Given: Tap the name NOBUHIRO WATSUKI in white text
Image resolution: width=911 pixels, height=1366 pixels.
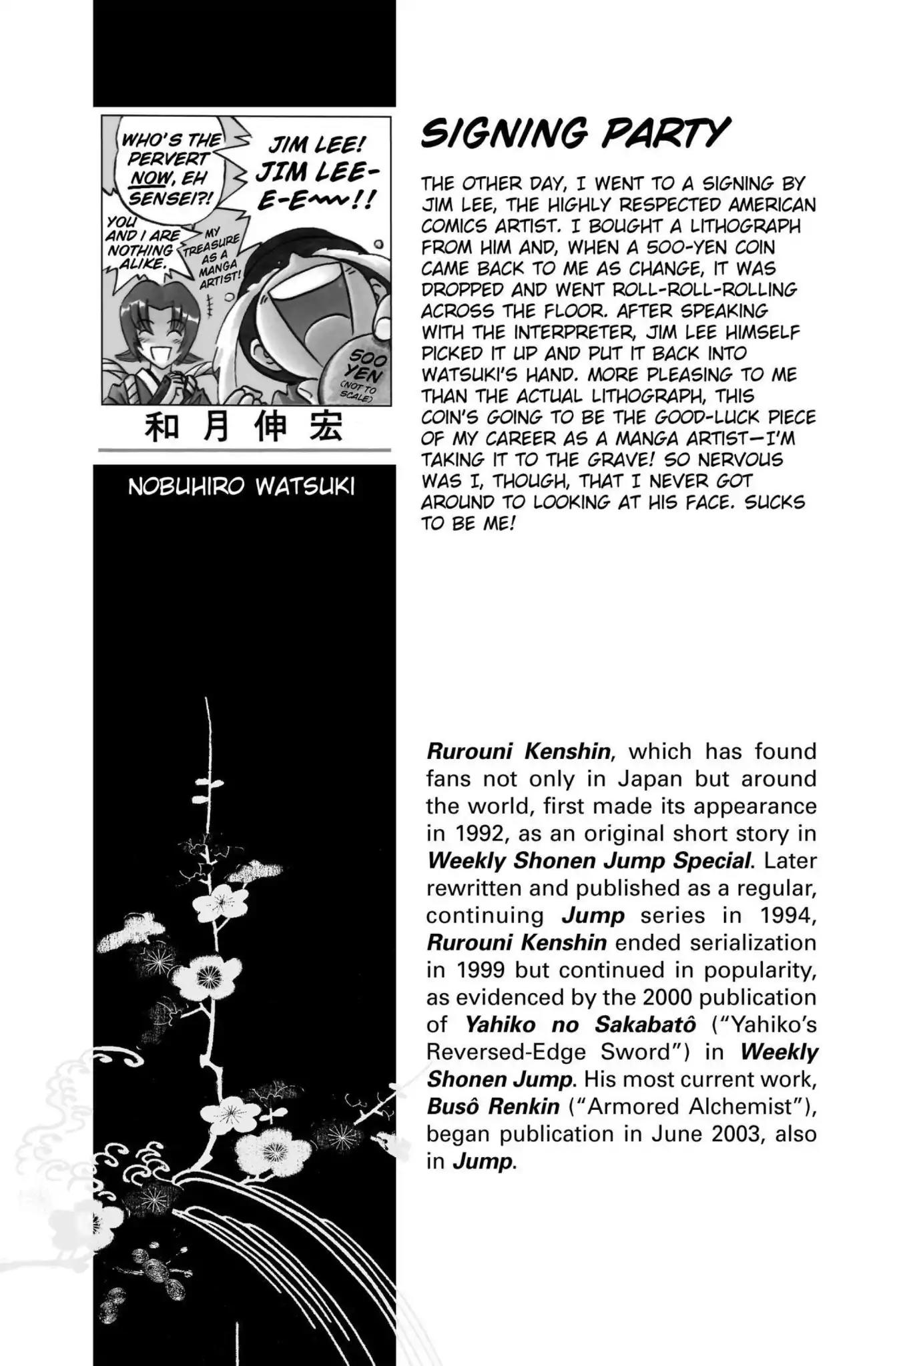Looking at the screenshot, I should (241, 487).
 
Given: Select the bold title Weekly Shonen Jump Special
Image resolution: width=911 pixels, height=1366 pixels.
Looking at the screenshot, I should (589, 861).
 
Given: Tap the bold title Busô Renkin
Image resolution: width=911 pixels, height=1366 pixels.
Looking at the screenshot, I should (493, 1107).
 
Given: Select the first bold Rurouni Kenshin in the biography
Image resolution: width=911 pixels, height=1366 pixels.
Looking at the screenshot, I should (518, 752).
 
